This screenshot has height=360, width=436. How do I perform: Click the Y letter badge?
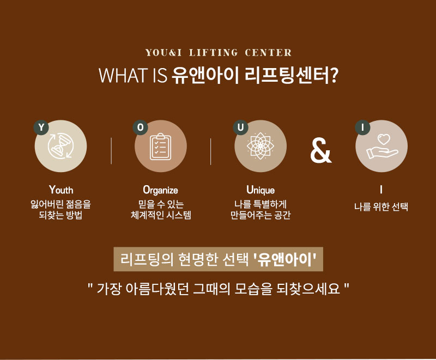pyautogui.click(x=41, y=127)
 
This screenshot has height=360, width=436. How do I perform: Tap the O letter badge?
pyautogui.click(x=141, y=127)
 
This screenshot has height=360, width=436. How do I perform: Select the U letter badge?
pyautogui.click(x=240, y=127)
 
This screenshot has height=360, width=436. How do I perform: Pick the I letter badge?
pyautogui.click(x=362, y=127)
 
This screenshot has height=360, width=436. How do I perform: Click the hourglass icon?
pyautogui.click(x=60, y=146)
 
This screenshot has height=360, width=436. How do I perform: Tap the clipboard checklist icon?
pyautogui.click(x=161, y=147)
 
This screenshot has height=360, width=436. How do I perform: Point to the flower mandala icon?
pyautogui.click(x=261, y=146)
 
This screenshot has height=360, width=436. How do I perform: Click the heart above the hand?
pyautogui.click(x=384, y=139)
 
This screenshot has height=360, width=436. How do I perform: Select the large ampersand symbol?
pyautogui.click(x=321, y=150)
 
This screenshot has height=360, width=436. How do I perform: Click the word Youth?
pyautogui.click(x=61, y=190)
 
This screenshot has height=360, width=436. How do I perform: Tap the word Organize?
pyautogui.click(x=160, y=191)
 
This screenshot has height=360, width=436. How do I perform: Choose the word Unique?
pyautogui.click(x=261, y=190)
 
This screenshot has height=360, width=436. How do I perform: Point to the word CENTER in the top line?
pyautogui.click(x=268, y=52)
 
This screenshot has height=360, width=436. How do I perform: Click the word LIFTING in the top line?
pyautogui.click(x=214, y=52)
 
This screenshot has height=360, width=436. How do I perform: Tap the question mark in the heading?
pyautogui.click(x=334, y=75)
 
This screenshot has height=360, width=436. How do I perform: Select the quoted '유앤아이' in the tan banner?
pyautogui.click(x=284, y=259)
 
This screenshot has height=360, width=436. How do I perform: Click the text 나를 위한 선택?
pyautogui.click(x=381, y=206)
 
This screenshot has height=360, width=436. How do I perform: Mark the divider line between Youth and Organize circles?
pyautogui.click(x=111, y=151)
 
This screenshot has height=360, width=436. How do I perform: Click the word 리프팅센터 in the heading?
pyautogui.click(x=286, y=75)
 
